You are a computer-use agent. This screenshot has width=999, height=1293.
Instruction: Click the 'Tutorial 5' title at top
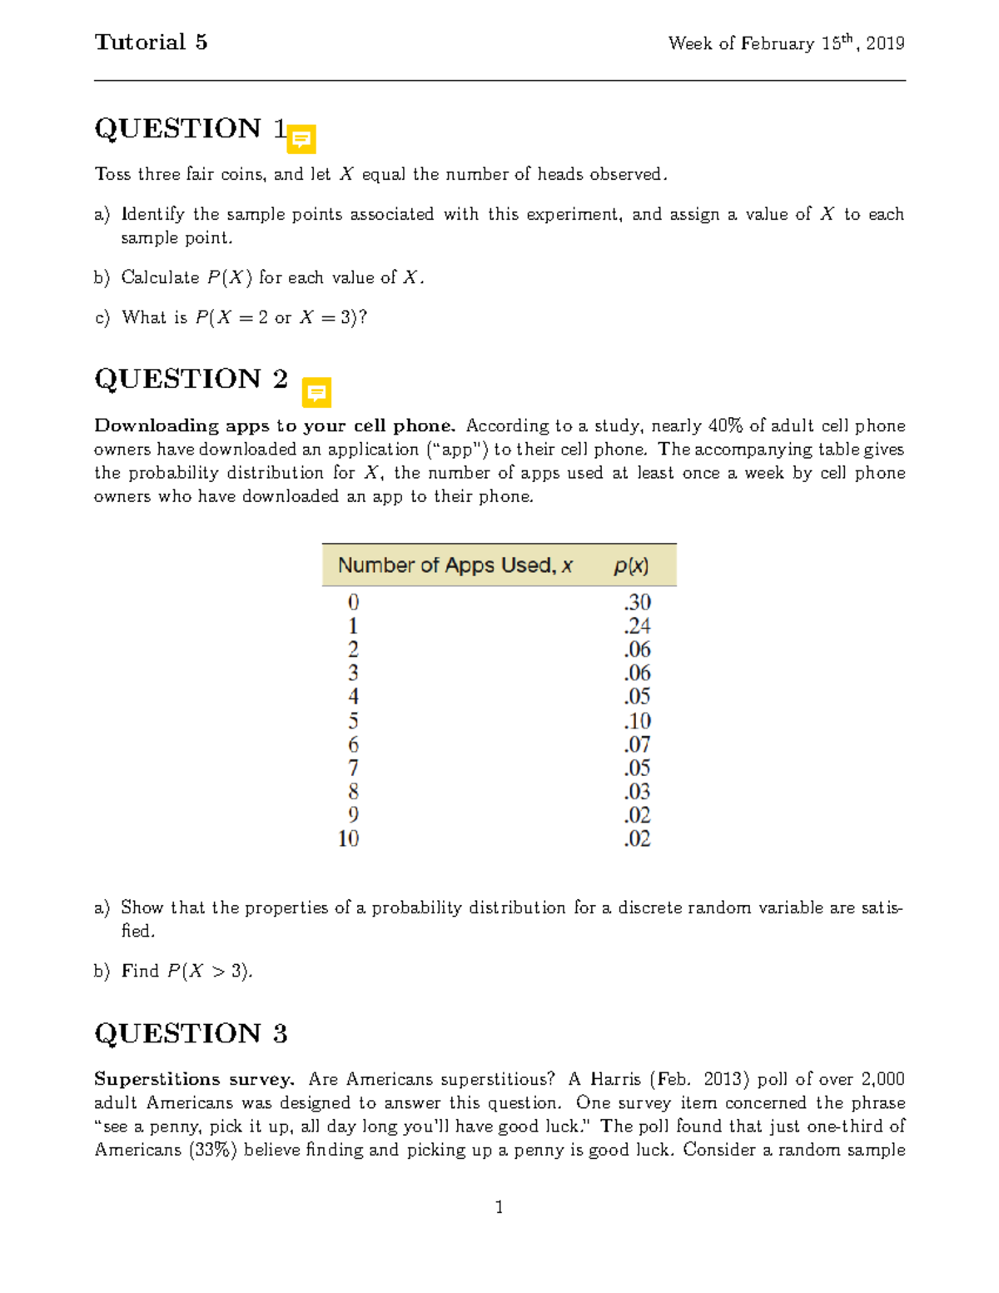pos(151,42)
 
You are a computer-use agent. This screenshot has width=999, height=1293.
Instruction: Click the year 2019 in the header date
pos(885,43)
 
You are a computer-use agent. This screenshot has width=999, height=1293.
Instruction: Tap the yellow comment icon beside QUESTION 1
pos(301,139)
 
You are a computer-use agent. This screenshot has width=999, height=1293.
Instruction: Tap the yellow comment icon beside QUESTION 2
pos(316,392)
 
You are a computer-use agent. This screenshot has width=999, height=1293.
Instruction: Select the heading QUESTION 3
pos(191,1033)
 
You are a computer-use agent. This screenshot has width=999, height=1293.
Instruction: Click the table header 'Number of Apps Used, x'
pos(455,565)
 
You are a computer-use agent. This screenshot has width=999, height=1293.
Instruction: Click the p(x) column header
pos(631,566)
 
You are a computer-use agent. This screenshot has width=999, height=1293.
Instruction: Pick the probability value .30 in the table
pos(637,602)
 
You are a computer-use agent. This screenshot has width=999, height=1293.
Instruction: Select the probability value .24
pos(637,625)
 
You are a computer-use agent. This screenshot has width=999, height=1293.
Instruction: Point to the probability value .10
pos(637,720)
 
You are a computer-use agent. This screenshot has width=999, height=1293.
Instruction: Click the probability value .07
pos(637,743)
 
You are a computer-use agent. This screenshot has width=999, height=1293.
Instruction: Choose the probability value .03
pos(637,791)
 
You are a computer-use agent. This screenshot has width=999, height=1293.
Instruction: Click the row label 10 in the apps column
pos(349,838)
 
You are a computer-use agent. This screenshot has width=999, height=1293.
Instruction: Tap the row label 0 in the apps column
pos(353,602)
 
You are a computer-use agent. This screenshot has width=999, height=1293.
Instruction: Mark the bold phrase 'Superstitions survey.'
pos(194,1080)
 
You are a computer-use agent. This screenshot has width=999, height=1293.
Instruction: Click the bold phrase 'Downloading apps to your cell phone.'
pos(275,426)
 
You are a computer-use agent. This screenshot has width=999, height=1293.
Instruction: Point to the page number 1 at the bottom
pos(499,1207)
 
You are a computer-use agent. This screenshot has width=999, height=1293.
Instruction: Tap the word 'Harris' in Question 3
pos(615,1080)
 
